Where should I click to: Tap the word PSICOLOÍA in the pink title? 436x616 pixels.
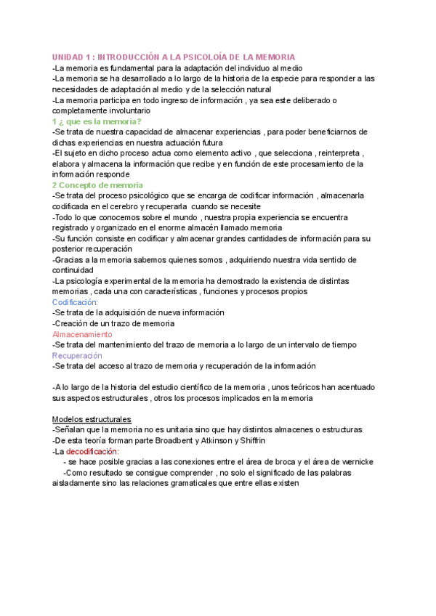tap(209, 57)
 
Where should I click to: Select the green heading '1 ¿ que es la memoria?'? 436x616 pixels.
tap(97, 122)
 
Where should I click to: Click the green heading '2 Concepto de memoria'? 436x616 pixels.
tap(97, 186)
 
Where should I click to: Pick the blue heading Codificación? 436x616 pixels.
tap(76, 302)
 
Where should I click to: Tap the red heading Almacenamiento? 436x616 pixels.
tap(82, 334)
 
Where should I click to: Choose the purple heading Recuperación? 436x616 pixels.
tap(77, 356)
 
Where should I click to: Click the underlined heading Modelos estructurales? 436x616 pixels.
tap(92, 420)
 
